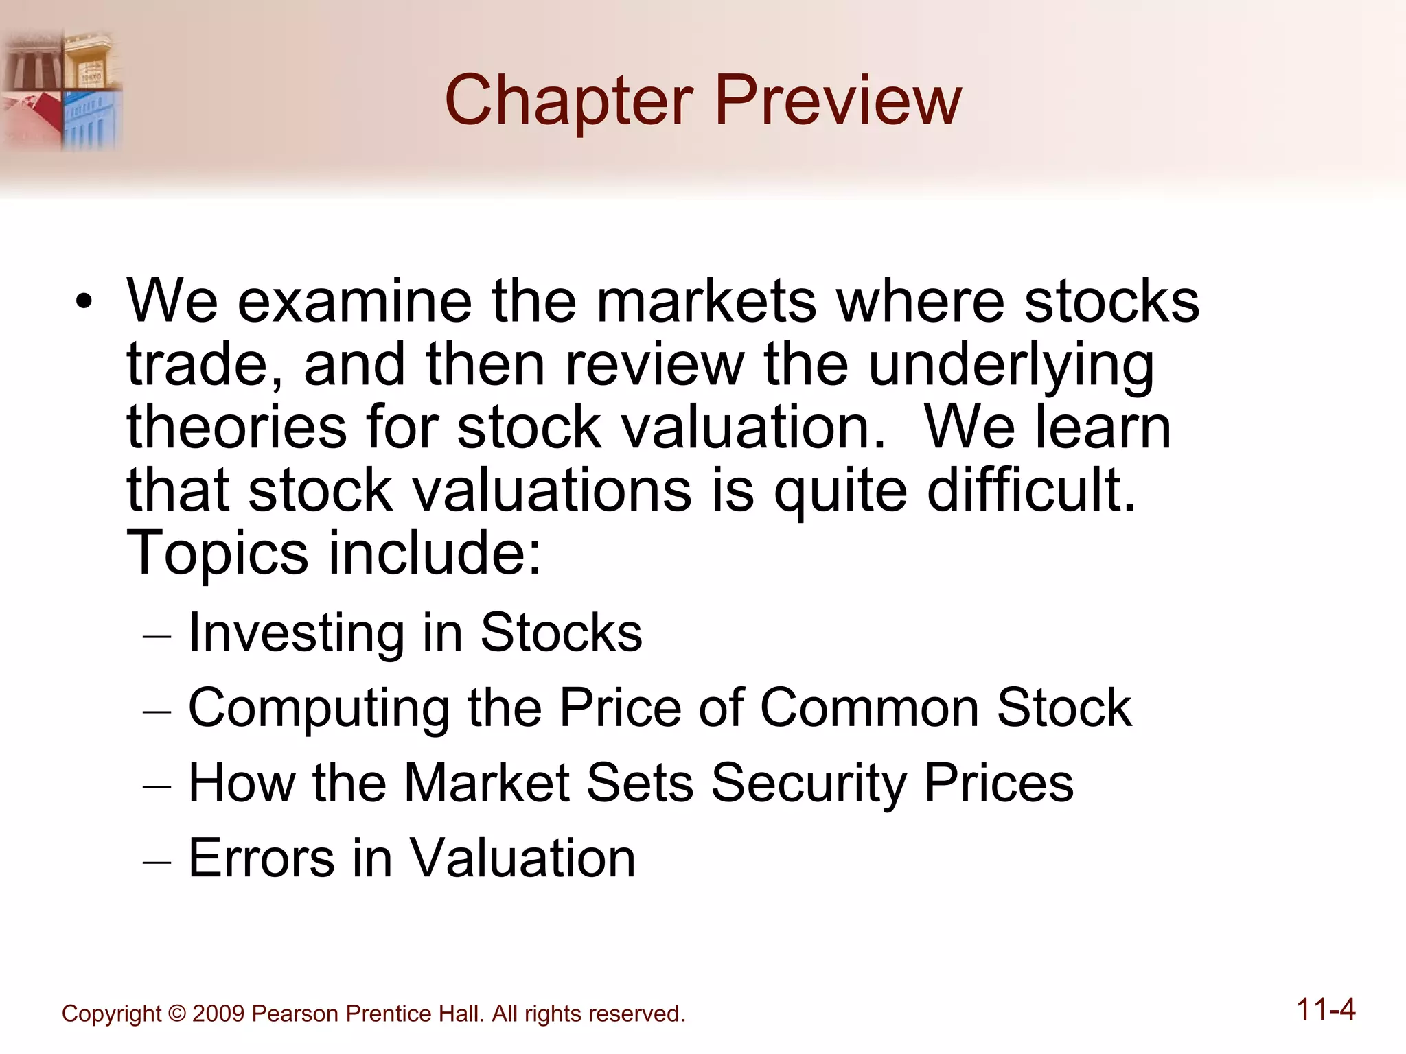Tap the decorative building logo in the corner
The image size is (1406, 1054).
pyautogui.click(x=62, y=89)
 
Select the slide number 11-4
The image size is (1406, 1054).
pyautogui.click(x=1326, y=1010)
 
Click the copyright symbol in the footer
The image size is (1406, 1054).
pyautogui.click(x=177, y=1014)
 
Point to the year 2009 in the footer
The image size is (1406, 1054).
pyautogui.click(x=218, y=1014)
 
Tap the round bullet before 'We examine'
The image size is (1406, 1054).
pyautogui.click(x=84, y=301)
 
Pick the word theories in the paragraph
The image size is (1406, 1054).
pyautogui.click(x=236, y=427)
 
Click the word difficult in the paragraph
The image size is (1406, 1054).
pyautogui.click(x=1030, y=490)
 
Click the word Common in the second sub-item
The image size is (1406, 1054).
pyautogui.click(x=870, y=707)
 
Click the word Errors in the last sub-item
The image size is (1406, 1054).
pyautogui.click(x=262, y=858)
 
